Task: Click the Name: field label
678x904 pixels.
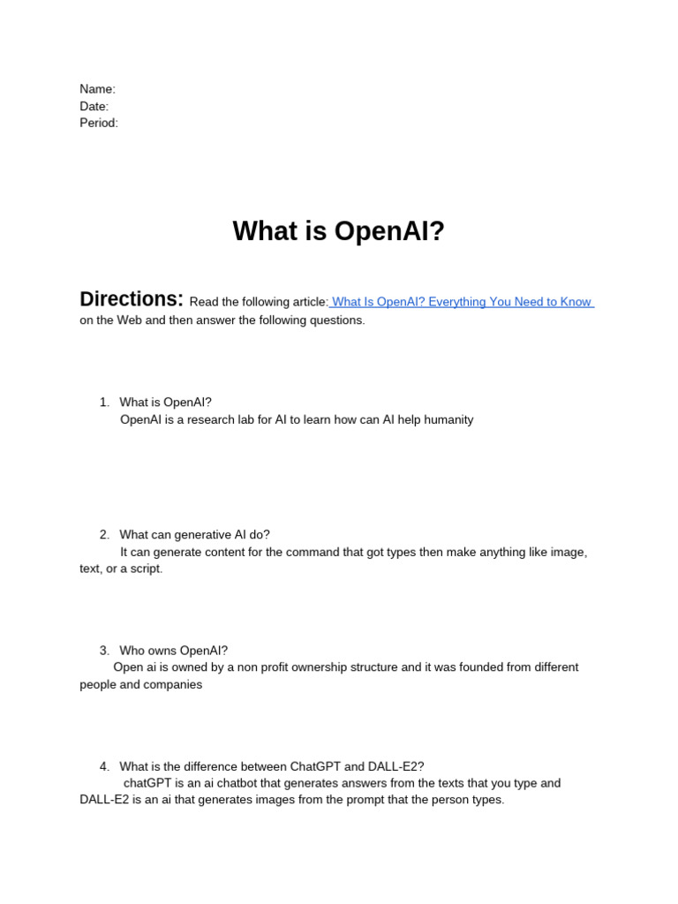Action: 97,89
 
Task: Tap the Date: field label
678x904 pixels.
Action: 94,106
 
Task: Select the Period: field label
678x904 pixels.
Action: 98,123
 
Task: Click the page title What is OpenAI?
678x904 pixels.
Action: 339,231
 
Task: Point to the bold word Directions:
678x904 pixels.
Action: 132,299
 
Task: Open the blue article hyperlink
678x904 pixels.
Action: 462,302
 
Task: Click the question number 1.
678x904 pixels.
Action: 104,403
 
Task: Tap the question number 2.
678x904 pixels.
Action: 104,535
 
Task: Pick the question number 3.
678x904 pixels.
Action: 104,651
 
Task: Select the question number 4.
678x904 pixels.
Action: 104,766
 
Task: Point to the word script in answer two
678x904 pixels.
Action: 145,569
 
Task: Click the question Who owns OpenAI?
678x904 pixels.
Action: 173,651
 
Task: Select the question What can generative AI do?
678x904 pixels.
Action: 194,535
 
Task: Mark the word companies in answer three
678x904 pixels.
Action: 175,685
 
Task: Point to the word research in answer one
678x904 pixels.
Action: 207,420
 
